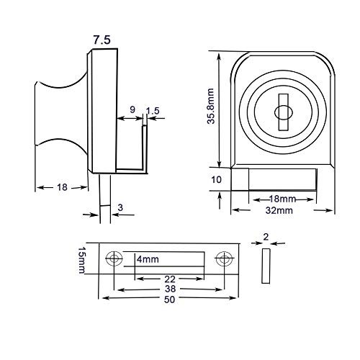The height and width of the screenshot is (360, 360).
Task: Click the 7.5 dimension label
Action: [102, 40]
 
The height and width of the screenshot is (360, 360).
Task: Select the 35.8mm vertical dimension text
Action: [211, 106]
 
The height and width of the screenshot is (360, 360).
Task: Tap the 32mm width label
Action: [279, 210]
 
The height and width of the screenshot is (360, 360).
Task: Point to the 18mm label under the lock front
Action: [282, 199]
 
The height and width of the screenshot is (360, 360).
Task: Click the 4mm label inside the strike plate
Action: [148, 259]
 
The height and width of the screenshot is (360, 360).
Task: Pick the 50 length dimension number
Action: [169, 300]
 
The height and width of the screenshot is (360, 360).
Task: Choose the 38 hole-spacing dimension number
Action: [170, 289]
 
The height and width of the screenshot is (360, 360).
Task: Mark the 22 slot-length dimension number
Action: [170, 279]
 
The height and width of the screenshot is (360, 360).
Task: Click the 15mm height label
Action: [81, 261]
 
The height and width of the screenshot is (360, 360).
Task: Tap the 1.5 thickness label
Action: [153, 111]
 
